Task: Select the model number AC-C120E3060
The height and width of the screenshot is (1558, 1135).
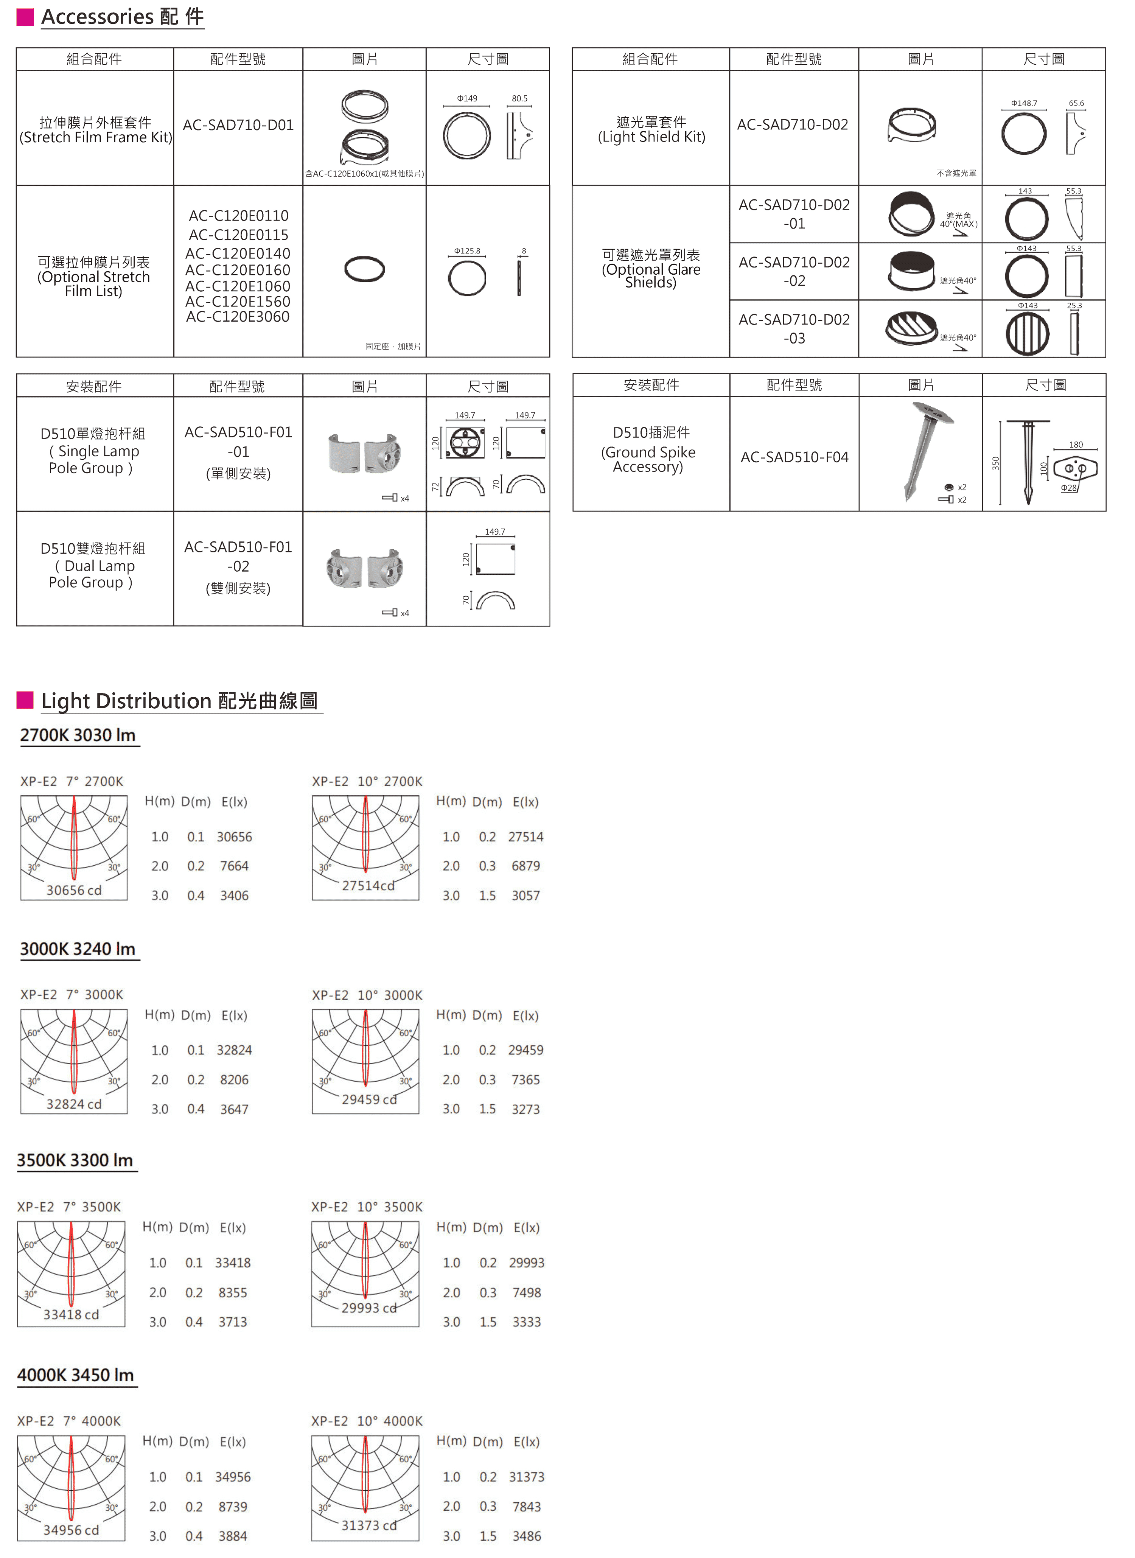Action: pos(238,317)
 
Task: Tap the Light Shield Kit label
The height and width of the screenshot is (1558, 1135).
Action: pos(651,137)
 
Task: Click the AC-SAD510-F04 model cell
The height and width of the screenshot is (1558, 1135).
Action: pos(794,457)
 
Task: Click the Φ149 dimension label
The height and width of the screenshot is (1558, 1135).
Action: pos(467,98)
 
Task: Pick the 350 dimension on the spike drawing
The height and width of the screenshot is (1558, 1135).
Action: pos(995,464)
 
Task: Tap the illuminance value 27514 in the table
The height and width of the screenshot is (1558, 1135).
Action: pos(526,837)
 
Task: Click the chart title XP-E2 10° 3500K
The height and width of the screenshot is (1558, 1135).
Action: pos(367,1207)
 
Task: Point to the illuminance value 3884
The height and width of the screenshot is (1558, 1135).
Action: pos(233,1536)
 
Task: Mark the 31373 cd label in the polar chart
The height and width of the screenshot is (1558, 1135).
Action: pos(369,1525)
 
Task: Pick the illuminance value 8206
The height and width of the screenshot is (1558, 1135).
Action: pos(234,1080)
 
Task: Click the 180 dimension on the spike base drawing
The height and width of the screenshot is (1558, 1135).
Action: pos(1076,445)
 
